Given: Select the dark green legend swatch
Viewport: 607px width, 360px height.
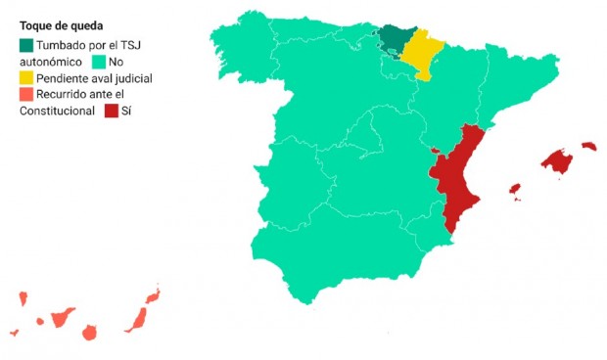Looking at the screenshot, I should coord(26,45).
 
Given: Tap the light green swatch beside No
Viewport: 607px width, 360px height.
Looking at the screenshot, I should coord(98,62).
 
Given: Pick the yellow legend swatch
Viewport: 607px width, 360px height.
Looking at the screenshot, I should coord(26,77).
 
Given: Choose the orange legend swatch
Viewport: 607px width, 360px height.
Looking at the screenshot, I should coord(26,94).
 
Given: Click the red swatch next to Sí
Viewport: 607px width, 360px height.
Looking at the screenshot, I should coord(111,111).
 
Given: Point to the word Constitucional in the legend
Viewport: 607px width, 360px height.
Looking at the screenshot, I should coord(57,111).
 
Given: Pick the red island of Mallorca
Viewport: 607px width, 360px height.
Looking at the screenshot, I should coord(557,161).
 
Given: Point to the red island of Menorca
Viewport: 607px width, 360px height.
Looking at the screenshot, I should coord(588,147).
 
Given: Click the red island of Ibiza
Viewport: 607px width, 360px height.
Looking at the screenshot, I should coord(514,189).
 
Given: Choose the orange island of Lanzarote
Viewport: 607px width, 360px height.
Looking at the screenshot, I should coord(153,294).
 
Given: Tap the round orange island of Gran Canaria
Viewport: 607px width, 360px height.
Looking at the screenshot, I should coord(90,333).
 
